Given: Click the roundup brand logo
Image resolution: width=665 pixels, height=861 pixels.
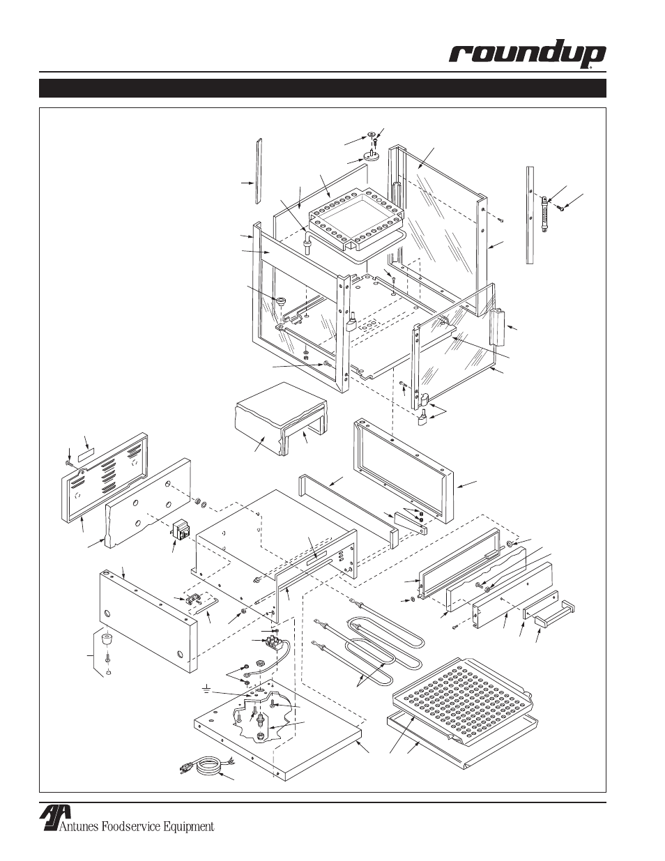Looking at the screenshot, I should [x=526, y=56].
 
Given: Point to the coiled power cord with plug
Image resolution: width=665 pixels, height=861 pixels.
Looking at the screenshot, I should [x=201, y=766].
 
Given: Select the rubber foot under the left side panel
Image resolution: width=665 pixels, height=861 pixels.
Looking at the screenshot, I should [x=107, y=639].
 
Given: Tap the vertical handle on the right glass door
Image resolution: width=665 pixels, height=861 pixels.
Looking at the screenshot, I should [x=498, y=327].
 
